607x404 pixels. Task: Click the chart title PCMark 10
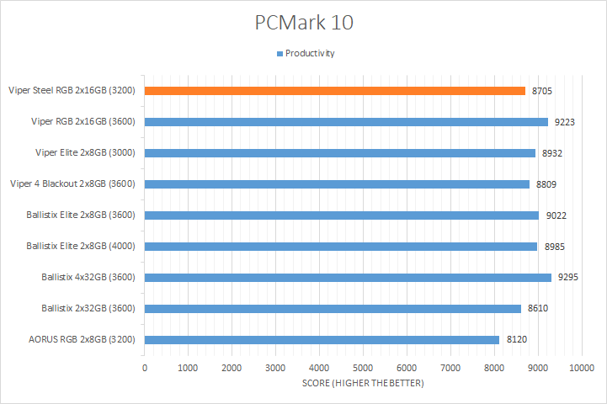tap(304, 23)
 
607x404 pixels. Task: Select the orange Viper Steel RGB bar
tap(334, 90)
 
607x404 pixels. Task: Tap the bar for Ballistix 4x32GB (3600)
tap(348, 277)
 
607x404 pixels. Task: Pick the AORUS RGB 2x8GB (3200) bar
tap(322, 339)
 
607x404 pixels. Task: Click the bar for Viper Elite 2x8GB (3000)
tap(339, 152)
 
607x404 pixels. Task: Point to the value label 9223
tap(564, 122)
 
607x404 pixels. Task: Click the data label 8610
tap(538, 308)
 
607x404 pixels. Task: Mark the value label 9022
tap(556, 215)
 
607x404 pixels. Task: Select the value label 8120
tap(516, 340)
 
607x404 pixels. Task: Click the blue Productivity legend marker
tap(280, 54)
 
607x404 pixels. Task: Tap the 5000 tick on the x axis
tap(363, 368)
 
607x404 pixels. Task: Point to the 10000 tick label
tap(581, 368)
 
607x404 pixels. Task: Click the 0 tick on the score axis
tap(145, 368)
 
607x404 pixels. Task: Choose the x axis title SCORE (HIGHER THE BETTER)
tap(363, 384)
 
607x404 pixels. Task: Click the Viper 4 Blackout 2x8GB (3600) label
tap(72, 183)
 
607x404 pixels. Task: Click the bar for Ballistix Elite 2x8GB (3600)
tap(341, 215)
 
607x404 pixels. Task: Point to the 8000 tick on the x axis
tap(493, 368)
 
